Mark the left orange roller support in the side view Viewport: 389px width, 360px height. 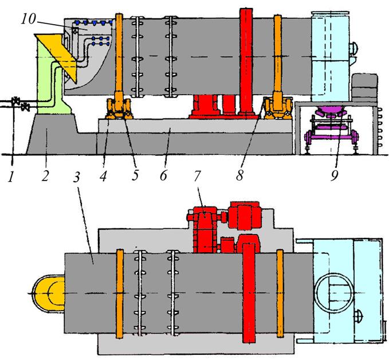tap(119, 108)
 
